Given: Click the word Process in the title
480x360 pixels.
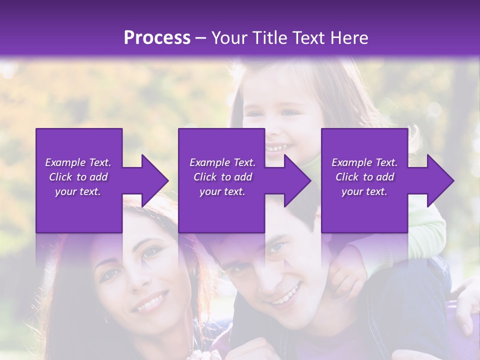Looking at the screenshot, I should pyautogui.click(x=157, y=38).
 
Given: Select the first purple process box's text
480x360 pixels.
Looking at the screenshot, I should pyautogui.click(x=78, y=176).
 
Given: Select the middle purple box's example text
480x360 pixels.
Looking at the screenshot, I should pyautogui.click(x=222, y=176).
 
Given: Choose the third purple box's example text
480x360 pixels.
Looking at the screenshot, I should pyautogui.click(x=364, y=176).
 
